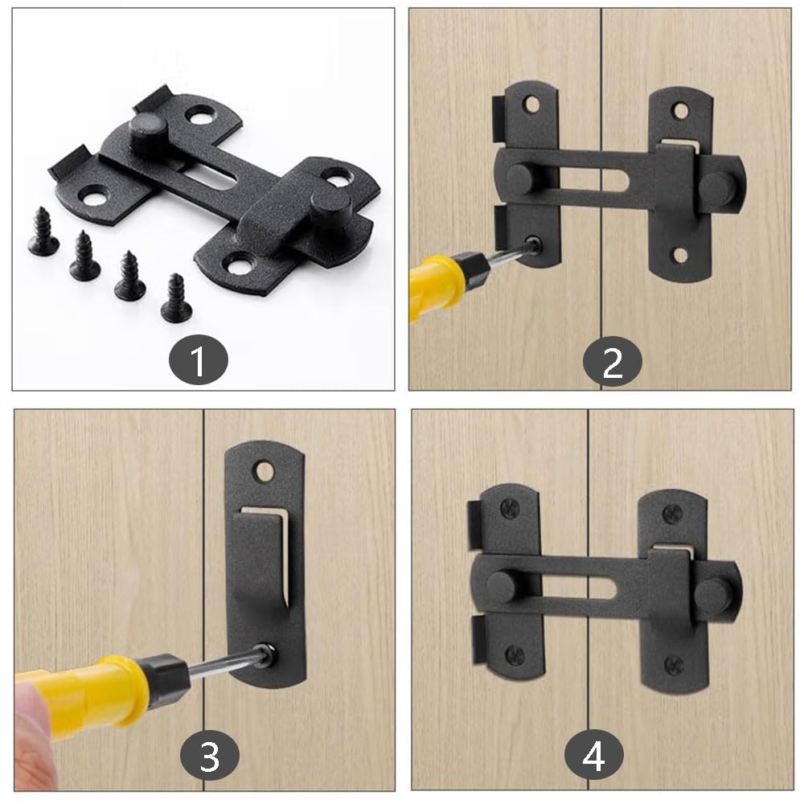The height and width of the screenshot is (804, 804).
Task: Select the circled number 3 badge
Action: (209, 757)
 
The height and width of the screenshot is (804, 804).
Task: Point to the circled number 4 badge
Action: (594, 757)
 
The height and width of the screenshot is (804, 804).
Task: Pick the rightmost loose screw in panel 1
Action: (176, 298)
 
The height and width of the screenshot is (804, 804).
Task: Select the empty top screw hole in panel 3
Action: (264, 470)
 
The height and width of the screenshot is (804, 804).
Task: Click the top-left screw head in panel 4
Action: (510, 507)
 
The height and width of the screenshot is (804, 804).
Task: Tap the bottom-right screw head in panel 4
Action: (674, 665)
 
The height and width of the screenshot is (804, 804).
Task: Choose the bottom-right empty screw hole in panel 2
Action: (680, 256)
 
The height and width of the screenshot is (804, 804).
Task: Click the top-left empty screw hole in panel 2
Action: (531, 105)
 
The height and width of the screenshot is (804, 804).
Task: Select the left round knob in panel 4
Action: (499, 586)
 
